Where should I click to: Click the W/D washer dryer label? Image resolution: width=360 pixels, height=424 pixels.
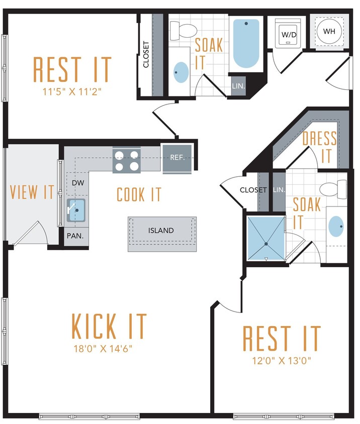coord(289,35)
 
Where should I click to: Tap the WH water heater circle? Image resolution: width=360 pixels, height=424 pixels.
coord(329,31)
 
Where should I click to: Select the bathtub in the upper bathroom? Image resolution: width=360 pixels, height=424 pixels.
coord(246,44)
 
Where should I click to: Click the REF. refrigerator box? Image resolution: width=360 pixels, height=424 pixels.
coord(176,157)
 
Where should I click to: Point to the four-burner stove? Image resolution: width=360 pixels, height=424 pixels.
coord(126,161)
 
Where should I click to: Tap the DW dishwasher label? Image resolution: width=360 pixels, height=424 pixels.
coord(77,183)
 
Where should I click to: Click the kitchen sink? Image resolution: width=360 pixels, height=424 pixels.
coord(76,210)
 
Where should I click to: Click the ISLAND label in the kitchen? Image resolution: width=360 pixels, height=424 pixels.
coord(161,231)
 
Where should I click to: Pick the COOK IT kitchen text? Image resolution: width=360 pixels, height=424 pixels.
coord(139,194)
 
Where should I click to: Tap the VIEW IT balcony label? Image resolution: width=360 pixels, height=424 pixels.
coord(32,192)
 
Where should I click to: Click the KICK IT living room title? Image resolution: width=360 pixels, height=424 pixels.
coord(109,326)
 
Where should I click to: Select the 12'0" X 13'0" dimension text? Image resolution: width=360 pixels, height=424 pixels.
coord(282,360)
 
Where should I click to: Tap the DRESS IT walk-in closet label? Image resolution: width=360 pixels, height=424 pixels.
coord(320,147)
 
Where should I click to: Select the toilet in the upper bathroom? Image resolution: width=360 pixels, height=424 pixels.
coord(187,31)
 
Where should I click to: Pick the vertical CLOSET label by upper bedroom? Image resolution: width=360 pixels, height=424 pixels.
coord(146,54)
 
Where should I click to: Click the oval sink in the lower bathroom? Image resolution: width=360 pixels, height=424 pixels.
coord(337,227)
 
